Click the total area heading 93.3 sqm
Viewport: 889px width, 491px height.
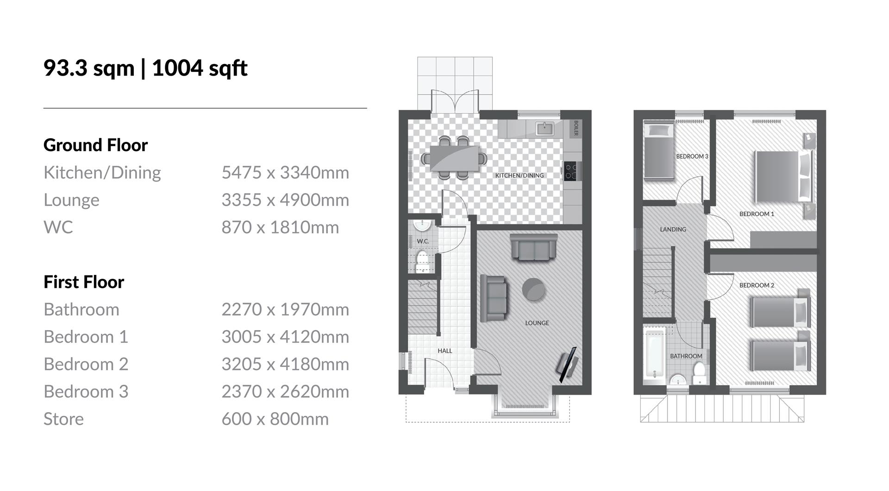pos(89,68)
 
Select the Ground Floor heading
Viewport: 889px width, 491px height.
pos(95,145)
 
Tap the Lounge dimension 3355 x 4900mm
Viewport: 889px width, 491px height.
pos(285,200)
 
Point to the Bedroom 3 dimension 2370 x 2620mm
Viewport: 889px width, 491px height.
pos(285,391)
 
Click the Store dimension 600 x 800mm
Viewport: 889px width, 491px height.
pos(275,419)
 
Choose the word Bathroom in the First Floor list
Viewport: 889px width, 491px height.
pos(81,309)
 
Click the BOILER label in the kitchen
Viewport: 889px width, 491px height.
pos(576,128)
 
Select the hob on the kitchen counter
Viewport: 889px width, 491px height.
pos(570,171)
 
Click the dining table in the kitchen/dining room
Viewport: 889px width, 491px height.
pos(454,158)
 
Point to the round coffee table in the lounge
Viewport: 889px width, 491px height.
pos(533,289)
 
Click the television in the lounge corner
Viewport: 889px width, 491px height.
pos(568,364)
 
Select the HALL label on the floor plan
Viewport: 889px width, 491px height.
pos(444,351)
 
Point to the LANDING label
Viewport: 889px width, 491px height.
pos(673,229)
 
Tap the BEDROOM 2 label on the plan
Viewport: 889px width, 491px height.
pos(757,285)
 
